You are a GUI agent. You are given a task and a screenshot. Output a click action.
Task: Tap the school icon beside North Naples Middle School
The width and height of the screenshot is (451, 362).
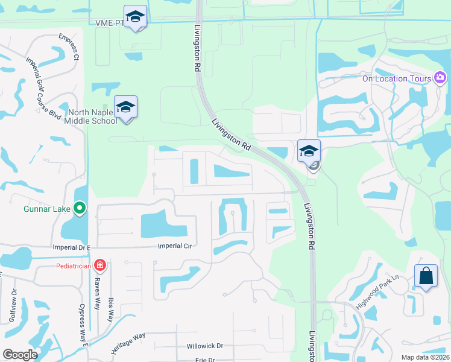[x=125, y=107]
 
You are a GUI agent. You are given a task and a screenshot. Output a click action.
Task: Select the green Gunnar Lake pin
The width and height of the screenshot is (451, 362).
[x=80, y=209]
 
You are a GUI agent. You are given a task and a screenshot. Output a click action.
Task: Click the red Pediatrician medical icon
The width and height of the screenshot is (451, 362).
[x=100, y=265]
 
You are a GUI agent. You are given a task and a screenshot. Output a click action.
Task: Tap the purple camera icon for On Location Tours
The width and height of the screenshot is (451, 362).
[x=440, y=78]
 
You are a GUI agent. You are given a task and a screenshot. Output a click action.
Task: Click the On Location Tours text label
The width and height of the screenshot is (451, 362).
[x=396, y=78]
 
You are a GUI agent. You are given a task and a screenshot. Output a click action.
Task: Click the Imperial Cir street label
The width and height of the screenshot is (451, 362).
[x=174, y=246]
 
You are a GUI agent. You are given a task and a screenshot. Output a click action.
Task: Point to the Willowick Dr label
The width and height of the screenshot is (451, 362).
[x=204, y=346]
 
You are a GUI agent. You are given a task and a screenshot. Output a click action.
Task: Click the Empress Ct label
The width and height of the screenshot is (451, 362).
[x=69, y=46]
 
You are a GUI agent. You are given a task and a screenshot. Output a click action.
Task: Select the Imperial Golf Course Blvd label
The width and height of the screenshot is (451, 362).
[x=43, y=88]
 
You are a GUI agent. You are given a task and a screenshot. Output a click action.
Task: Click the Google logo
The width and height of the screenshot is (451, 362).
[x=20, y=355]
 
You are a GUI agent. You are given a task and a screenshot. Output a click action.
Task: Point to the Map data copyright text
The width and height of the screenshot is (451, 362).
[x=426, y=357]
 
